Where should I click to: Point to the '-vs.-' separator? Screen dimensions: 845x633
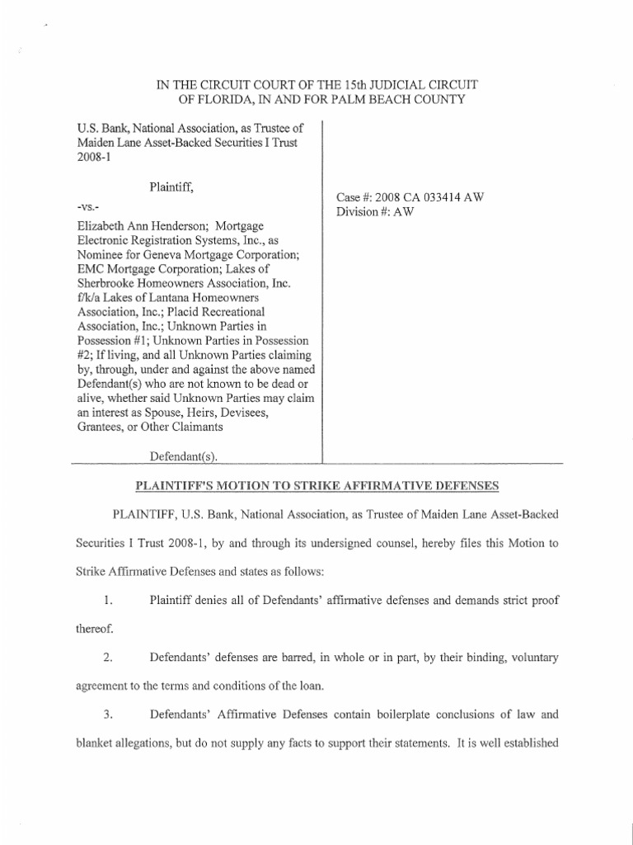86,205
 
